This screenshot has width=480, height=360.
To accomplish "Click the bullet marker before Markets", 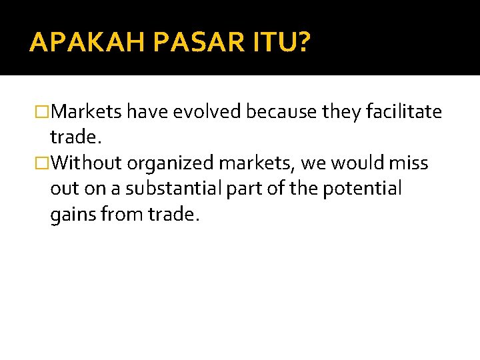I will point(43,112).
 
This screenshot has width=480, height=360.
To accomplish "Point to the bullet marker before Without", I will point(43,163).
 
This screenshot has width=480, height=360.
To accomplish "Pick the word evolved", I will point(207,112).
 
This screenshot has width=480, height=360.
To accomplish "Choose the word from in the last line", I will point(125,215).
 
